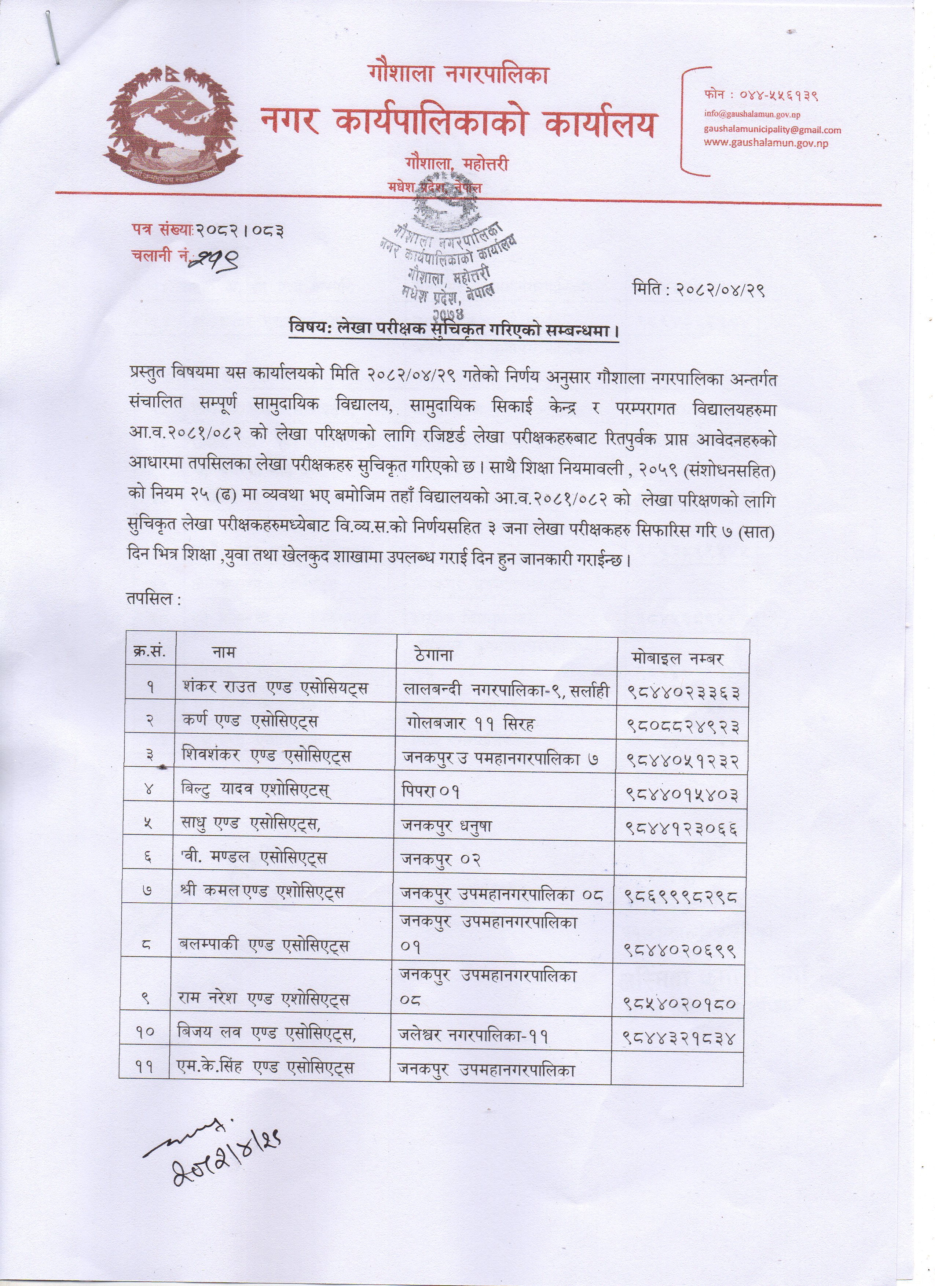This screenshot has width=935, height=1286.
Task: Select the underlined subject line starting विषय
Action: click(453, 329)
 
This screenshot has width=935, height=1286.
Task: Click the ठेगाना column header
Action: click(434, 656)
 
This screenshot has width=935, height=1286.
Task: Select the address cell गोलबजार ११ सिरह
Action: click(470, 723)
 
